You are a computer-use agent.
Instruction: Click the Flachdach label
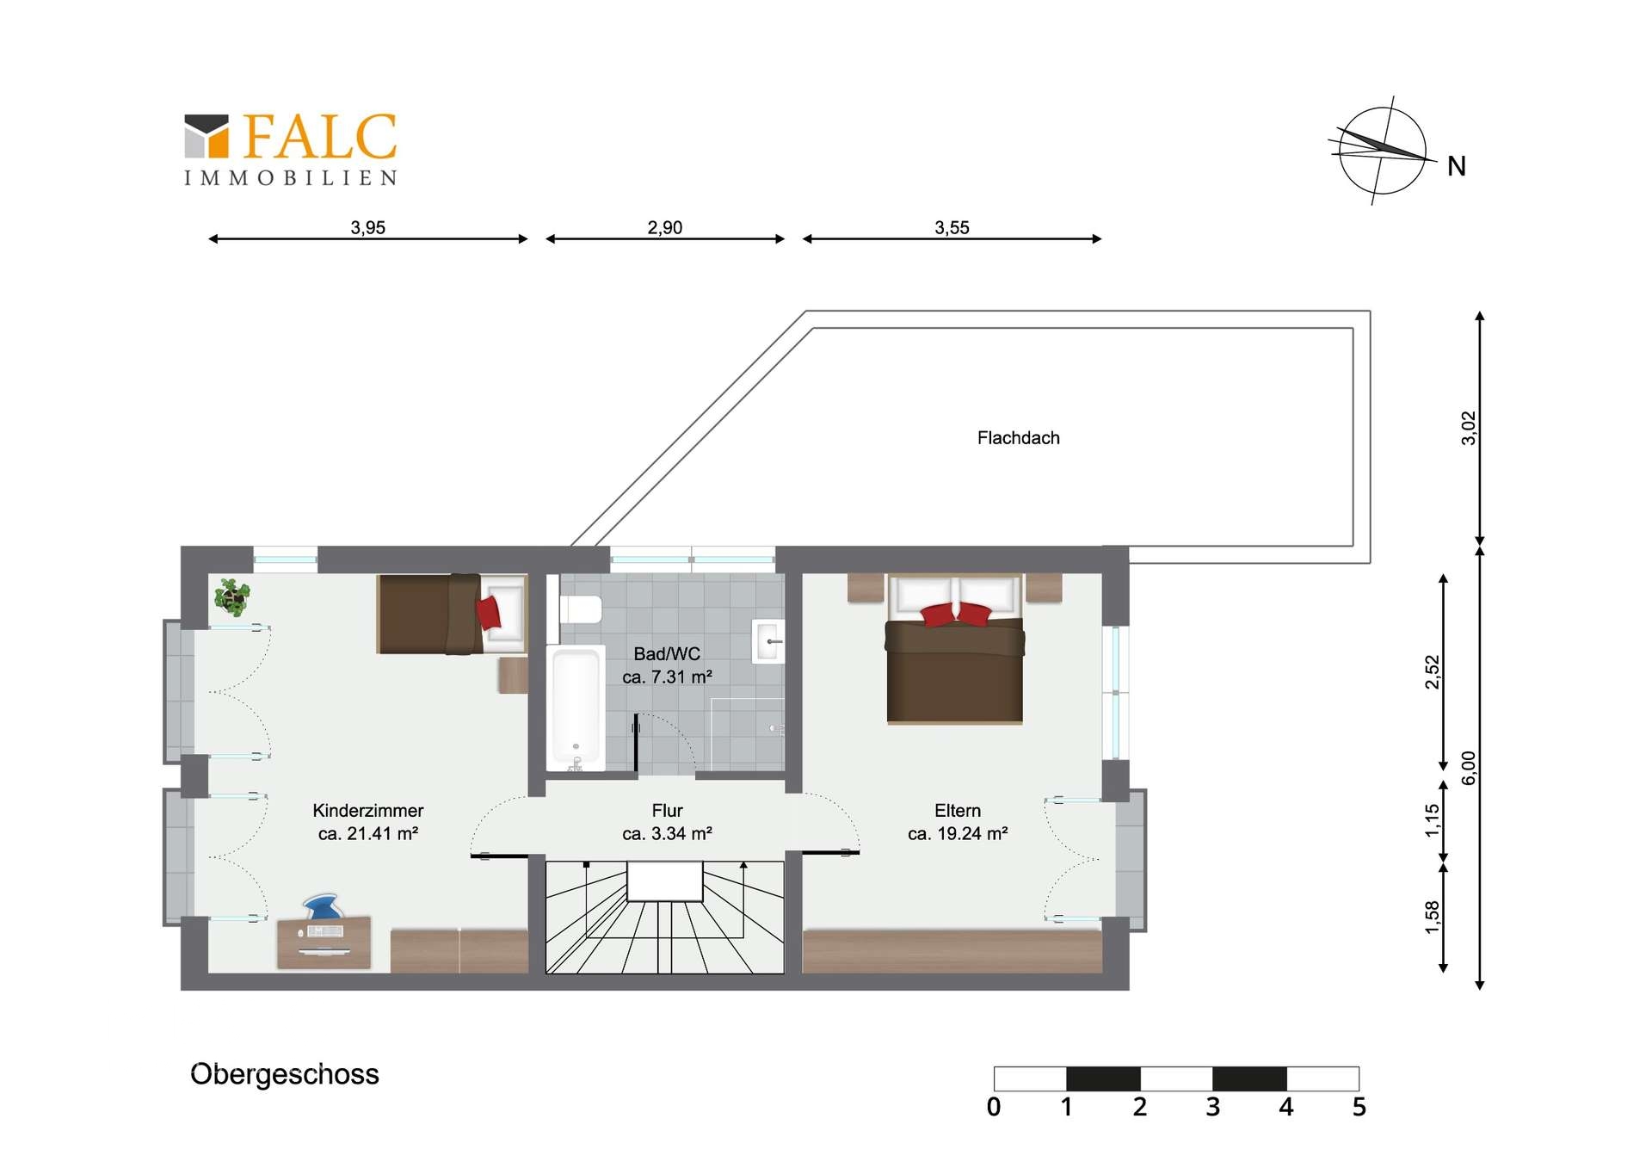(1018, 438)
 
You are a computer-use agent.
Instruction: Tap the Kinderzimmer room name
(367, 811)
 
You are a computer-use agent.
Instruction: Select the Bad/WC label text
(667, 654)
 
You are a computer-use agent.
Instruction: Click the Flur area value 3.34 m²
(683, 833)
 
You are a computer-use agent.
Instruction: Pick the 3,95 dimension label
(367, 227)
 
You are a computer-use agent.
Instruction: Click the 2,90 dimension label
(664, 227)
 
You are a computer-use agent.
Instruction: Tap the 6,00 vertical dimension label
(1468, 768)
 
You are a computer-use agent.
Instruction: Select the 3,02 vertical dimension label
(1468, 428)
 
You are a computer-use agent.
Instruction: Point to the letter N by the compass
(1456, 166)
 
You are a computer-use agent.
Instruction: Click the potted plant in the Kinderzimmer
(231, 596)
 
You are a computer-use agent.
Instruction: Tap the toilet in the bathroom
(581, 609)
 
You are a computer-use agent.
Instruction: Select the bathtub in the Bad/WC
(576, 709)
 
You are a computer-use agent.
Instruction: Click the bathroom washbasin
(768, 641)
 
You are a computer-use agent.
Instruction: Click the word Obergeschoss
(285, 1074)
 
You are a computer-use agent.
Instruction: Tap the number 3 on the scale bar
(1212, 1107)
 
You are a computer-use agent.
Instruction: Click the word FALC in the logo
(320, 137)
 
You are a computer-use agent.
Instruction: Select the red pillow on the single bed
(488, 612)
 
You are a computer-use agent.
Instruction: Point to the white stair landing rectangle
(665, 881)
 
